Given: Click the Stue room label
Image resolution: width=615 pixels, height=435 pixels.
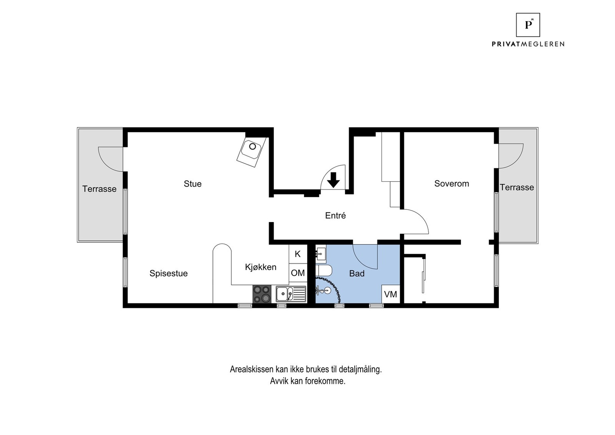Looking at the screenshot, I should [x=193, y=184].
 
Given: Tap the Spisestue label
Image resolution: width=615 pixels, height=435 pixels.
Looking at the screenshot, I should [x=168, y=273].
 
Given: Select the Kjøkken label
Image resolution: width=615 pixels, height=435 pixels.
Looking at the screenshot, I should [x=261, y=267].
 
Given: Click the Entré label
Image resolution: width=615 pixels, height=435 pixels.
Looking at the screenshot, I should [x=335, y=216].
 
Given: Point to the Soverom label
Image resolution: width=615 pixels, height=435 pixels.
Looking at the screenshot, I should [x=451, y=184].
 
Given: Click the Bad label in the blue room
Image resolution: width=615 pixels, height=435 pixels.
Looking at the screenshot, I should [x=357, y=274].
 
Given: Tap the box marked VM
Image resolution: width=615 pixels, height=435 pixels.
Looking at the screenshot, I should [x=391, y=294].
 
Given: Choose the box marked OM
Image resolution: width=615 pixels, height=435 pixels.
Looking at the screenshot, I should [x=298, y=273].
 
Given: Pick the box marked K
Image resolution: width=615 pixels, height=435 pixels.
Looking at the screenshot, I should [x=298, y=254].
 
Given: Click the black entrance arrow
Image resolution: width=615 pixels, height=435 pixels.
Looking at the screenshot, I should [x=333, y=179].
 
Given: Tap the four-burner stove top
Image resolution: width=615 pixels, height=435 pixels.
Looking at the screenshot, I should [x=261, y=294].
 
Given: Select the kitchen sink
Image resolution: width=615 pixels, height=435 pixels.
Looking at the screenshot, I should [x=291, y=294].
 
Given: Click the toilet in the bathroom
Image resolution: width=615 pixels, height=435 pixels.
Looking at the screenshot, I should [x=324, y=271].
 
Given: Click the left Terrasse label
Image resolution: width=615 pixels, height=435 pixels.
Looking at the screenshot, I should [x=99, y=189].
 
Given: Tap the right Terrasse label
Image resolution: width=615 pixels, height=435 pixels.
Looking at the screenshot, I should [x=517, y=188].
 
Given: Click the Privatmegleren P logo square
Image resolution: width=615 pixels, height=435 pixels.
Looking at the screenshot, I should [x=528, y=25].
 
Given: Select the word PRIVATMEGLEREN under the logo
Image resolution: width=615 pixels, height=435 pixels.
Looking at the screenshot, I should [x=528, y=44].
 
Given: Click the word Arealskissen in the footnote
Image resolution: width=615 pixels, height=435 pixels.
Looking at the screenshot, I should [x=252, y=369].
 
